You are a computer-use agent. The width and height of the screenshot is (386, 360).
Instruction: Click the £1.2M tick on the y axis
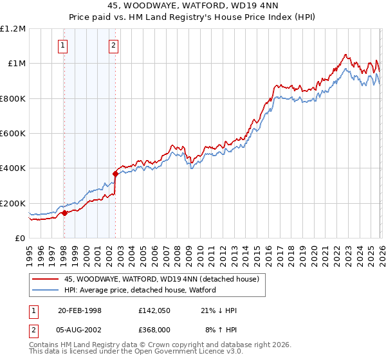point(13,29)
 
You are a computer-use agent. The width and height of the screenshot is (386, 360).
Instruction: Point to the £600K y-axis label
point(13,134)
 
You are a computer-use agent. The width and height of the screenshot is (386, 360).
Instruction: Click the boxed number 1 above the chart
point(63,45)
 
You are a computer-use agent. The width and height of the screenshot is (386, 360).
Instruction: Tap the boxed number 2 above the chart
point(113,45)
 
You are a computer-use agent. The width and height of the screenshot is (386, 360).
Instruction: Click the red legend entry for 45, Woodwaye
point(161,279)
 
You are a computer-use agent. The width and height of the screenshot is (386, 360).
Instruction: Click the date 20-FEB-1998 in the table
point(80,310)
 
